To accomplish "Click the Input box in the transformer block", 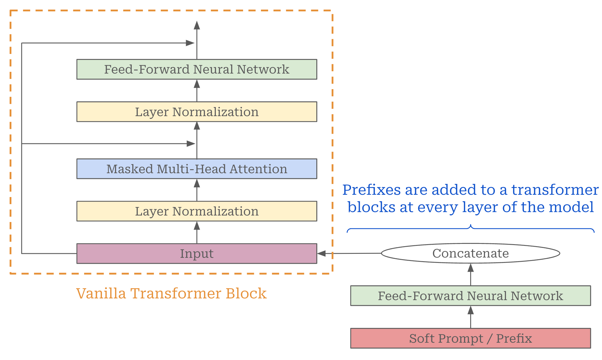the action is coord(197,254).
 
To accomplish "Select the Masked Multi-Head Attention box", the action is coord(197,169).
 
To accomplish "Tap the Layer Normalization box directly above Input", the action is coord(197,211).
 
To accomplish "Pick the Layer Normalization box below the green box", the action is coord(197,112).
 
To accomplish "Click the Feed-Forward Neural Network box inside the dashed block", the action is coord(197,69).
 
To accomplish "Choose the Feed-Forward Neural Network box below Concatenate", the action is coord(471,296).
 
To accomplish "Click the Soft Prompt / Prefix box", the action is coord(471,338).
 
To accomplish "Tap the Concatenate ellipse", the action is coord(471,253).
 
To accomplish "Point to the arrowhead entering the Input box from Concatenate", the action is coord(321,254).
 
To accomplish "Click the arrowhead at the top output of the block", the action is coord(197,25).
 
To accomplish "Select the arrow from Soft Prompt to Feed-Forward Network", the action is coord(471,317).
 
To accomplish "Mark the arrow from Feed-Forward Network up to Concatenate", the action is coord(471,275).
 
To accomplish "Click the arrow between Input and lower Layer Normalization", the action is coord(197,233).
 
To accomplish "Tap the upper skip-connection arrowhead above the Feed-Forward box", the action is coord(190,43).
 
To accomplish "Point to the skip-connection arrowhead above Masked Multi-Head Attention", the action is coord(191,144).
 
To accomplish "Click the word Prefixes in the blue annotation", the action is coord(371,190).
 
